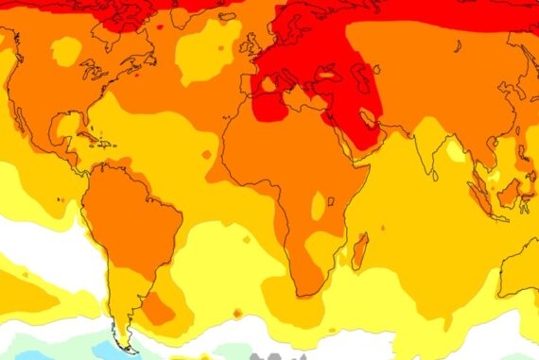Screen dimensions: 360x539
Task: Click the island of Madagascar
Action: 360,249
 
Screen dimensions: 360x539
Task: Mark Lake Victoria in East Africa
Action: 320,202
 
